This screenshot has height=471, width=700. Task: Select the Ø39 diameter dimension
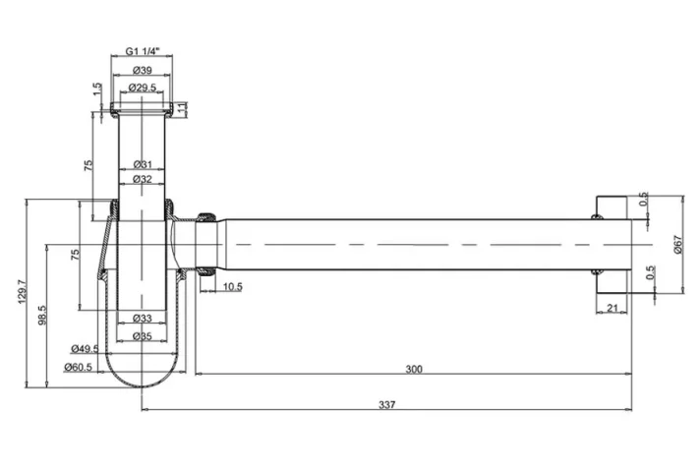(x=144, y=71)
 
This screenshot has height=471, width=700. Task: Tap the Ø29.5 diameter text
(x=144, y=87)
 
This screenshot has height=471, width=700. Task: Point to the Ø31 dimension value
(x=144, y=164)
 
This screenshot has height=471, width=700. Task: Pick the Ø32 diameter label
(x=144, y=179)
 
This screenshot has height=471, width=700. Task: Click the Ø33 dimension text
(x=144, y=319)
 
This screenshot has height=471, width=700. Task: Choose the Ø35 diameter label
(x=144, y=335)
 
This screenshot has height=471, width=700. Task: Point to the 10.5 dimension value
(x=232, y=286)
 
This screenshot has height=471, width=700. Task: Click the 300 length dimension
(x=414, y=369)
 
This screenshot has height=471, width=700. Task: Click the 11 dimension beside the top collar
(x=183, y=105)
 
